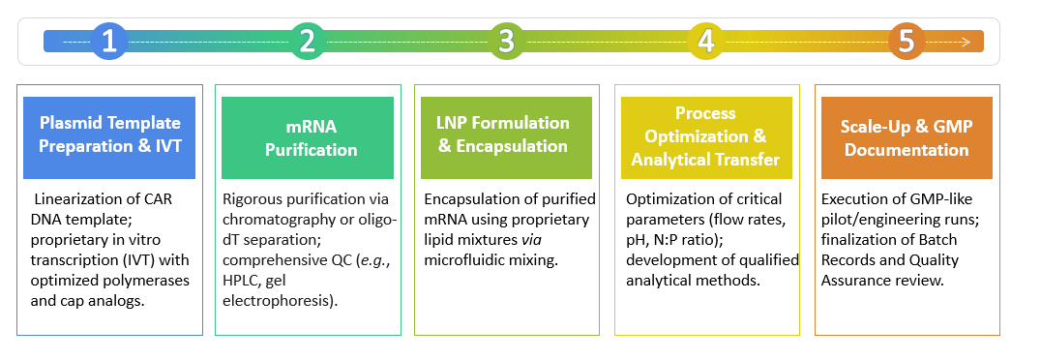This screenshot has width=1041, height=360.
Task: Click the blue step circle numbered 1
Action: click(110, 42)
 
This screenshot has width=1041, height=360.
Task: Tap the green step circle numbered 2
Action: click(308, 42)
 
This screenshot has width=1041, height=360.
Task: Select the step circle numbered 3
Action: click(506, 42)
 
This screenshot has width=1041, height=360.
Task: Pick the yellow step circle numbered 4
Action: click(705, 42)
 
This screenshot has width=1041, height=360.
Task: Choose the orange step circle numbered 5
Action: click(906, 42)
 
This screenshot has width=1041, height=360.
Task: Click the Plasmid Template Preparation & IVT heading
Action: click(109, 136)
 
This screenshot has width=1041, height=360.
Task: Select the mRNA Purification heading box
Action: click(308, 136)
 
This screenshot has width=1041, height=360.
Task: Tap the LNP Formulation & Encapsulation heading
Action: click(503, 135)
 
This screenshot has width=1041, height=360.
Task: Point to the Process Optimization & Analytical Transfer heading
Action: click(705, 136)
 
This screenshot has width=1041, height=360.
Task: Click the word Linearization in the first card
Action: click(78, 199)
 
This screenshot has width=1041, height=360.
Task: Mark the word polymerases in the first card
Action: click(138, 261)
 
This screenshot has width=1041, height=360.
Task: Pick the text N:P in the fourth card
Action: click(674, 241)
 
